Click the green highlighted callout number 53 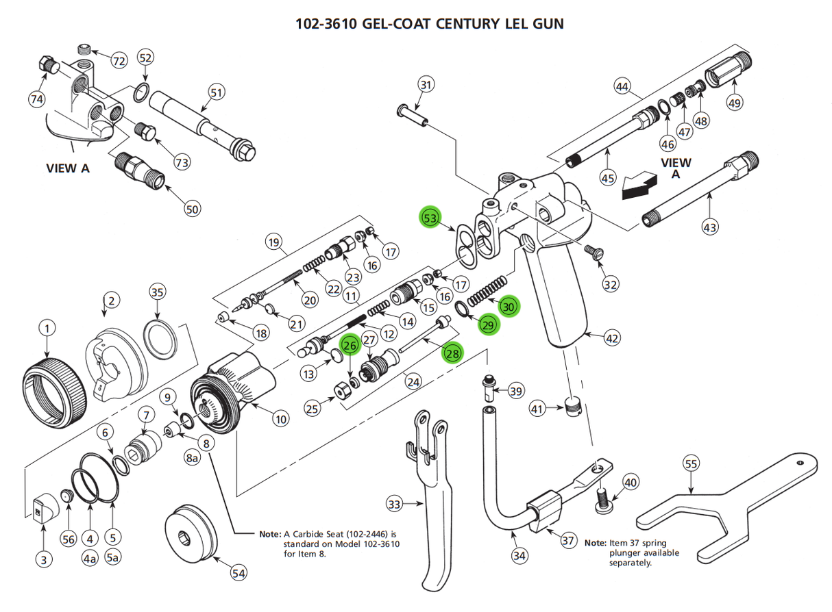tap(430, 218)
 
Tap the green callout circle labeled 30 tap(509, 306)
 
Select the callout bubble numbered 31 tap(426, 85)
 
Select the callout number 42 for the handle tap(612, 337)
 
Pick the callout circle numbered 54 tap(238, 574)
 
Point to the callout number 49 tap(734, 103)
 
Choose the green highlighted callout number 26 tap(350, 346)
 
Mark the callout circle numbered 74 tap(37, 99)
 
